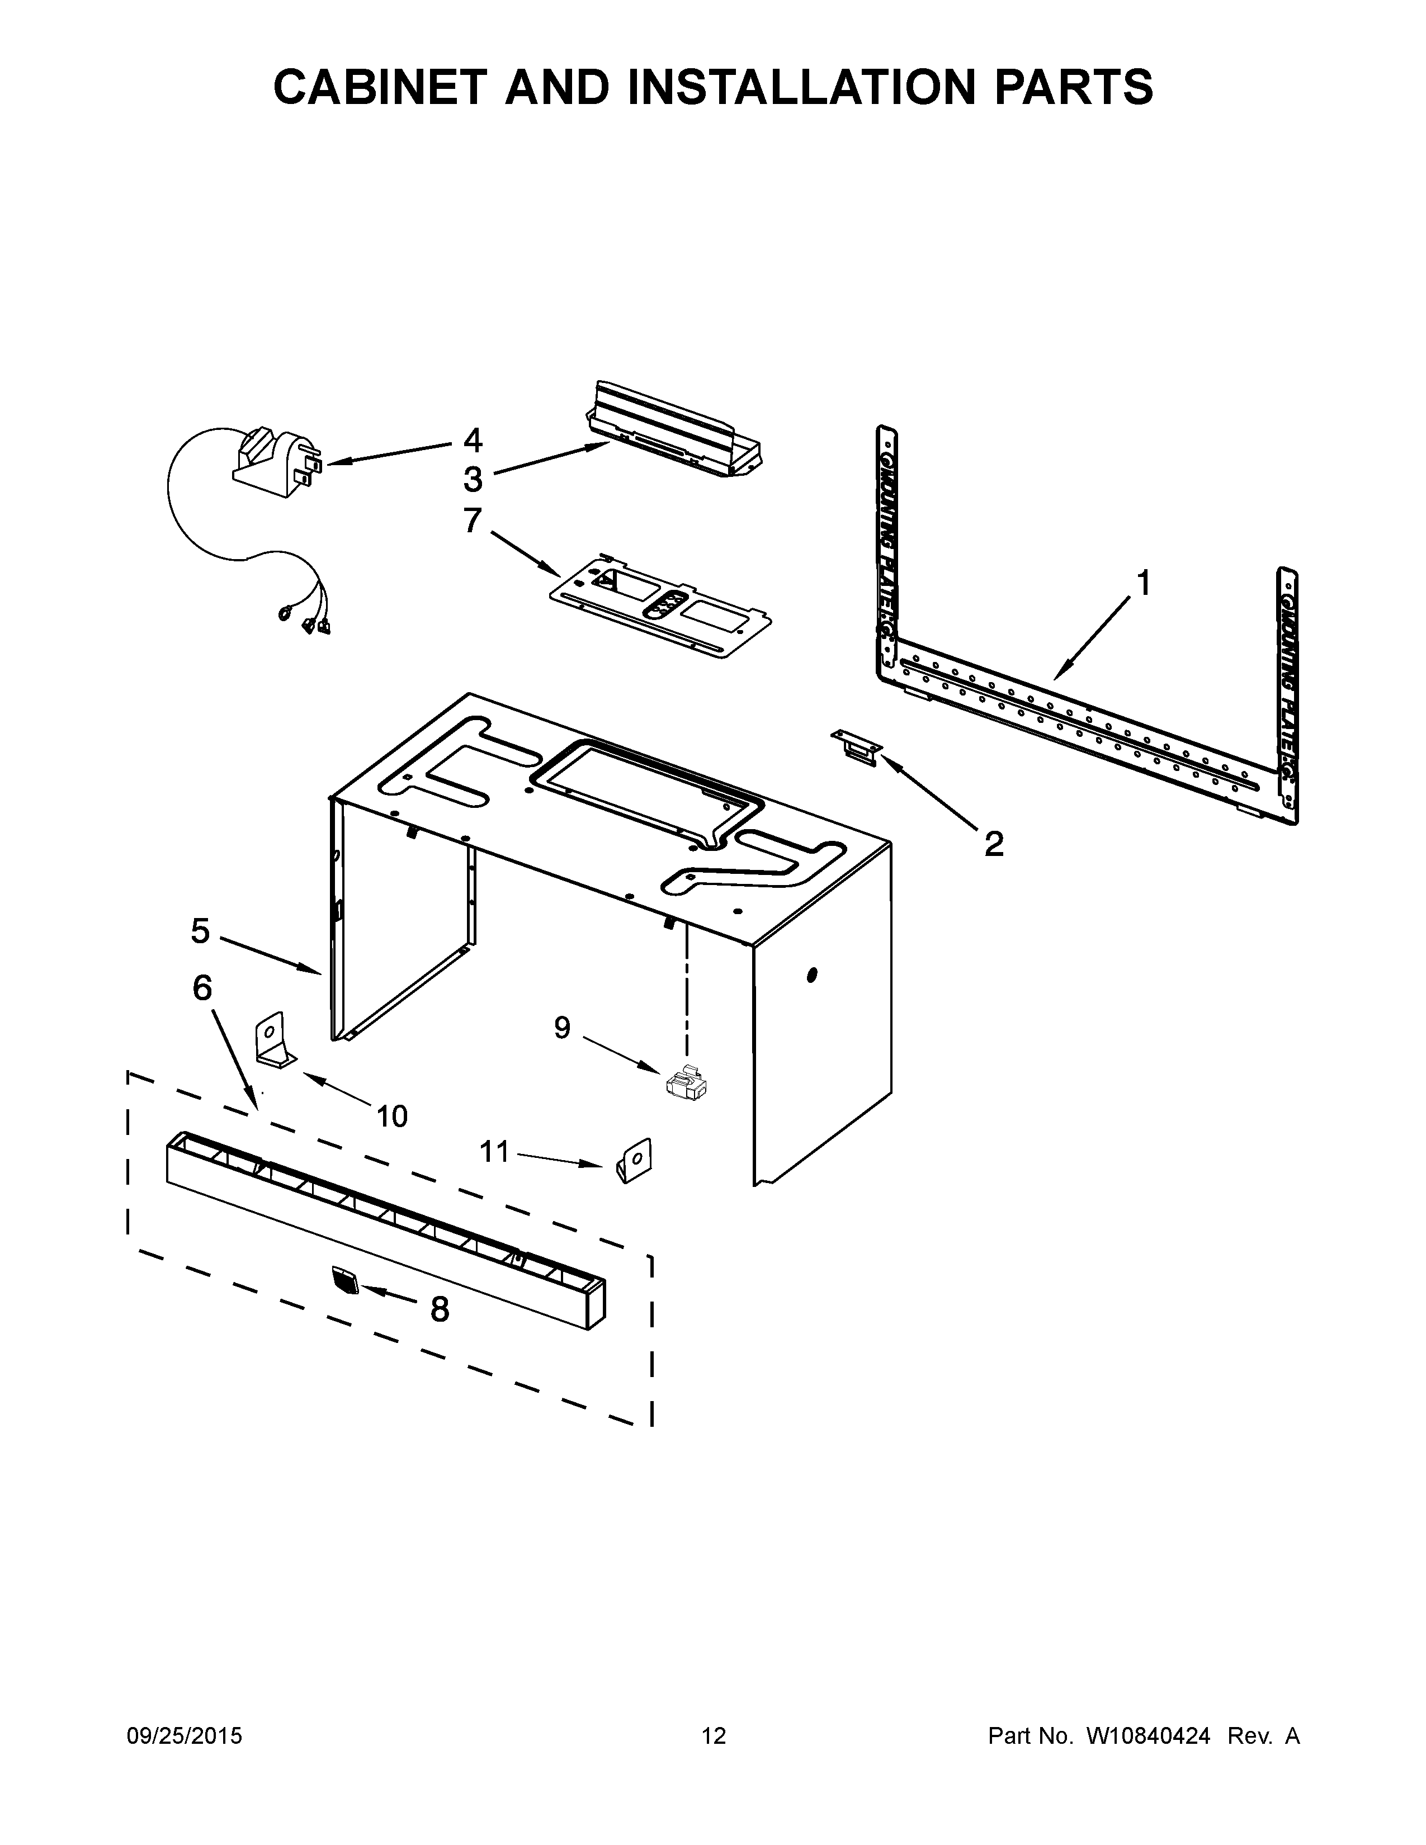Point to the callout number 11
point(495,1151)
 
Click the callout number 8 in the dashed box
point(440,1309)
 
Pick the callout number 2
point(994,843)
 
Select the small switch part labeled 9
point(686,1085)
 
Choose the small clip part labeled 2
point(856,747)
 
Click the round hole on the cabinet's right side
point(812,975)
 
